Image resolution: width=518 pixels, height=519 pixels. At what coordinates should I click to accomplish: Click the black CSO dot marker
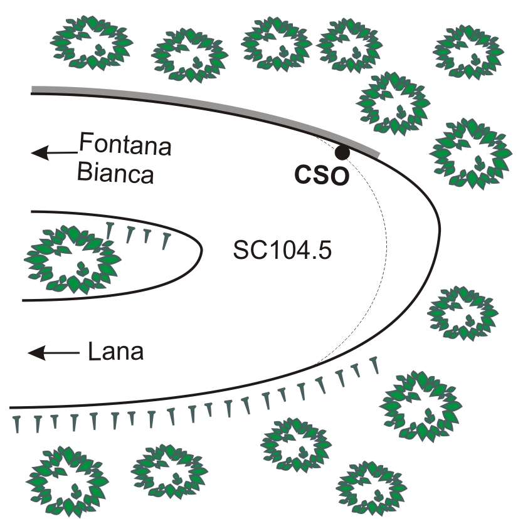(x=342, y=152)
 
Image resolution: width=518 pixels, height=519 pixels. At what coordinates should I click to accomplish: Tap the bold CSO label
(x=322, y=176)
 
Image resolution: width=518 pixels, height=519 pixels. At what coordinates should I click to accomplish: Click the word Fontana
(x=125, y=148)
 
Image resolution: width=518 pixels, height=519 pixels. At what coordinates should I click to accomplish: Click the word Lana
(x=116, y=352)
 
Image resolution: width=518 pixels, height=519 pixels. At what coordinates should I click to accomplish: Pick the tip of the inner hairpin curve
(x=202, y=249)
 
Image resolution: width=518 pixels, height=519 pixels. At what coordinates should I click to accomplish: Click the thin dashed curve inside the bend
(x=386, y=251)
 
